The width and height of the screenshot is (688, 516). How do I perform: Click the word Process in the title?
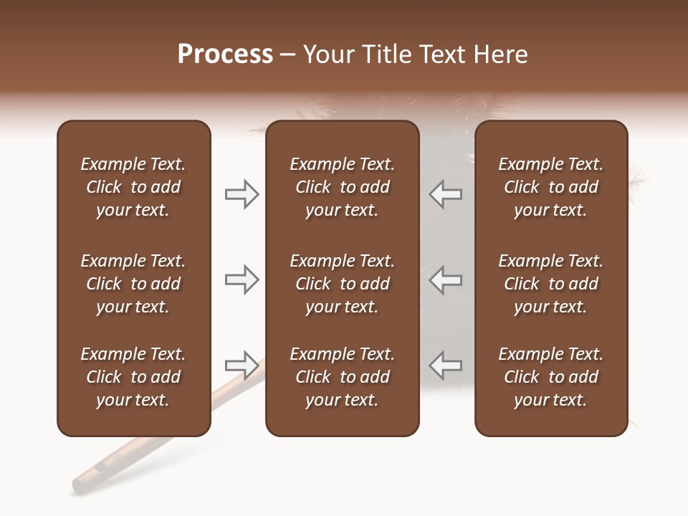point(225,54)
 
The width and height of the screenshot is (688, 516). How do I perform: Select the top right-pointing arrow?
point(242,194)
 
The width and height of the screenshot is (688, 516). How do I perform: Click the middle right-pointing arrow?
point(242,279)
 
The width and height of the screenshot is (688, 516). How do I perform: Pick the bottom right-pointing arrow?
point(242,365)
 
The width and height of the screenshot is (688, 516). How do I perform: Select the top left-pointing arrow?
point(446,194)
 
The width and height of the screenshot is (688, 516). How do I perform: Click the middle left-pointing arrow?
point(446,279)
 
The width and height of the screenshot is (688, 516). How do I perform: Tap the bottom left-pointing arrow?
point(446,365)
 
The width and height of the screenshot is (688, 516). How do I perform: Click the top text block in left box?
point(133,187)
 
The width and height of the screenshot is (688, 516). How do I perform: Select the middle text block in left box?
point(133,284)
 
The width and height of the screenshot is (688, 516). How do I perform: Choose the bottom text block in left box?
point(133,377)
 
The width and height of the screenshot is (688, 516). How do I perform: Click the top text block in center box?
point(342,187)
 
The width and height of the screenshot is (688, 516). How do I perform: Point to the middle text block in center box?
point(342,284)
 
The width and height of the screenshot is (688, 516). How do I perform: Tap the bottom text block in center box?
point(342,377)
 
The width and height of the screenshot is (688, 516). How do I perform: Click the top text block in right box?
point(550,187)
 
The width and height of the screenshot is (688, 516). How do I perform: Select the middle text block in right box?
point(550,284)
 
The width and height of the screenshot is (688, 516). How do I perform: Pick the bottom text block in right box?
point(550,377)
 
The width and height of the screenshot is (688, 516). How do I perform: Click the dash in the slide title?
point(288,55)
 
